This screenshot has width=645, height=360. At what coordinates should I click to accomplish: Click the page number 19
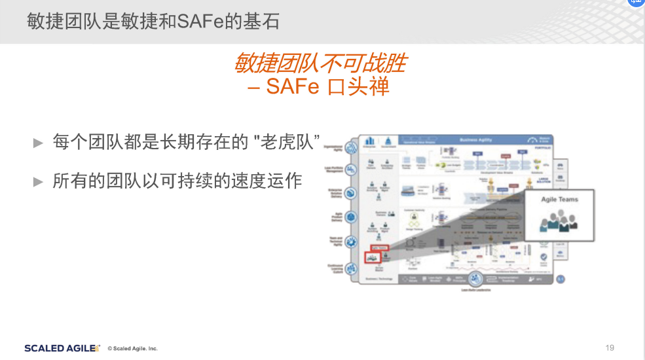click(610, 348)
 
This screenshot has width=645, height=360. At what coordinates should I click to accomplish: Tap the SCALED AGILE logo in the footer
click(62, 348)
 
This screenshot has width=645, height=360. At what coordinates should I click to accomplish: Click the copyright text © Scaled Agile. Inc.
click(132, 348)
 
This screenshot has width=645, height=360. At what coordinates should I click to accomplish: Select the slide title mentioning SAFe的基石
click(153, 22)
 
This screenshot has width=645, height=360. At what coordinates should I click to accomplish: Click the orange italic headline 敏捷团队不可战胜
click(320, 63)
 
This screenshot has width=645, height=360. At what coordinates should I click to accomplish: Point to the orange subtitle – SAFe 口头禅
click(319, 86)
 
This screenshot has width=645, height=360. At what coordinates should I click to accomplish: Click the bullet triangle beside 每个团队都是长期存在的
click(38, 142)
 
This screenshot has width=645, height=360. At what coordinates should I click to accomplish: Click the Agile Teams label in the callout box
click(559, 199)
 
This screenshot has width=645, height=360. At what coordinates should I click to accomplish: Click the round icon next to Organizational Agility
click(350, 147)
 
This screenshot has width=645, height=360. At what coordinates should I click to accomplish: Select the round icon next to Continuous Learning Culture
click(350, 268)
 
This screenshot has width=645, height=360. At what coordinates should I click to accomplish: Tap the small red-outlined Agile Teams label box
click(380, 247)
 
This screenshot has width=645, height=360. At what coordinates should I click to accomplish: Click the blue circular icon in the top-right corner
click(636, 3)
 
